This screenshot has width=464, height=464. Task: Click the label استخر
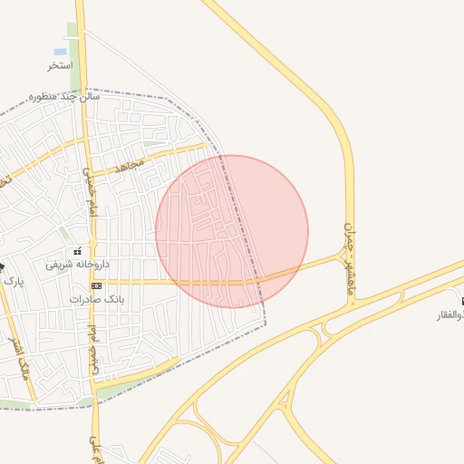pos(60,66)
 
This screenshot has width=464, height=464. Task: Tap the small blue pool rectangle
pos(60,52)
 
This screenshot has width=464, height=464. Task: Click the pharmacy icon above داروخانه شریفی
pos(77,251)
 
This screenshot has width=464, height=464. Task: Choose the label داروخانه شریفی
pos(78,265)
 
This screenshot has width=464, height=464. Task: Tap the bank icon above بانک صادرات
pos(96,285)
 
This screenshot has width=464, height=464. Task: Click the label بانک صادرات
pos(95,298)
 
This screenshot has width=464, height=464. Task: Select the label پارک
pos(13,281)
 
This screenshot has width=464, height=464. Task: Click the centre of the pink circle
pos(232,231)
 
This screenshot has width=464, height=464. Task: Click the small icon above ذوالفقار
pos(462,301)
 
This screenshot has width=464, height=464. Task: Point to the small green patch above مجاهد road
pos(154,143)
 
